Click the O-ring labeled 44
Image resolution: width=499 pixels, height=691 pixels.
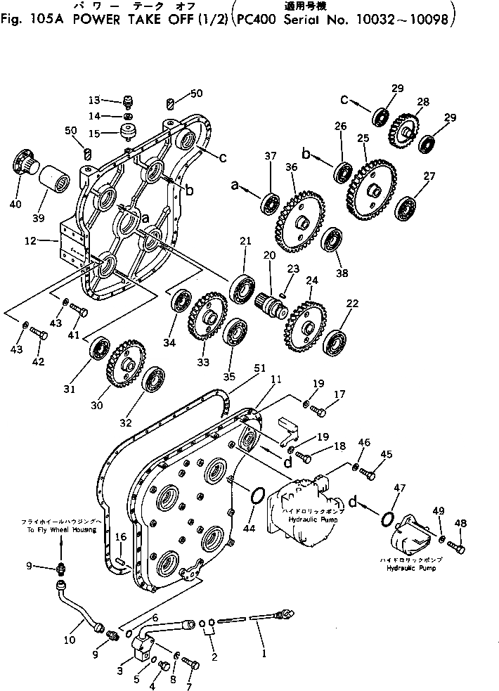(x=257, y=498)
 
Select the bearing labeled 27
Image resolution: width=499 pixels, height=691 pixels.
(x=405, y=207)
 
